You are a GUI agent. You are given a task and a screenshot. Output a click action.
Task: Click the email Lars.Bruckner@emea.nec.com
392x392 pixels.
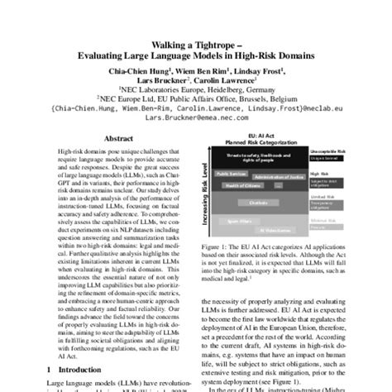(x=195, y=118)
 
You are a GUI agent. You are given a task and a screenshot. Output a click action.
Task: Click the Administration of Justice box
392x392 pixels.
(x=275, y=177)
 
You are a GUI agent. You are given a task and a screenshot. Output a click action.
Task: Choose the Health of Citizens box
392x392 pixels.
(x=244, y=186)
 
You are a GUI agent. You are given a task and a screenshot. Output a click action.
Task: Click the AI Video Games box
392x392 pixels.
(x=276, y=231)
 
